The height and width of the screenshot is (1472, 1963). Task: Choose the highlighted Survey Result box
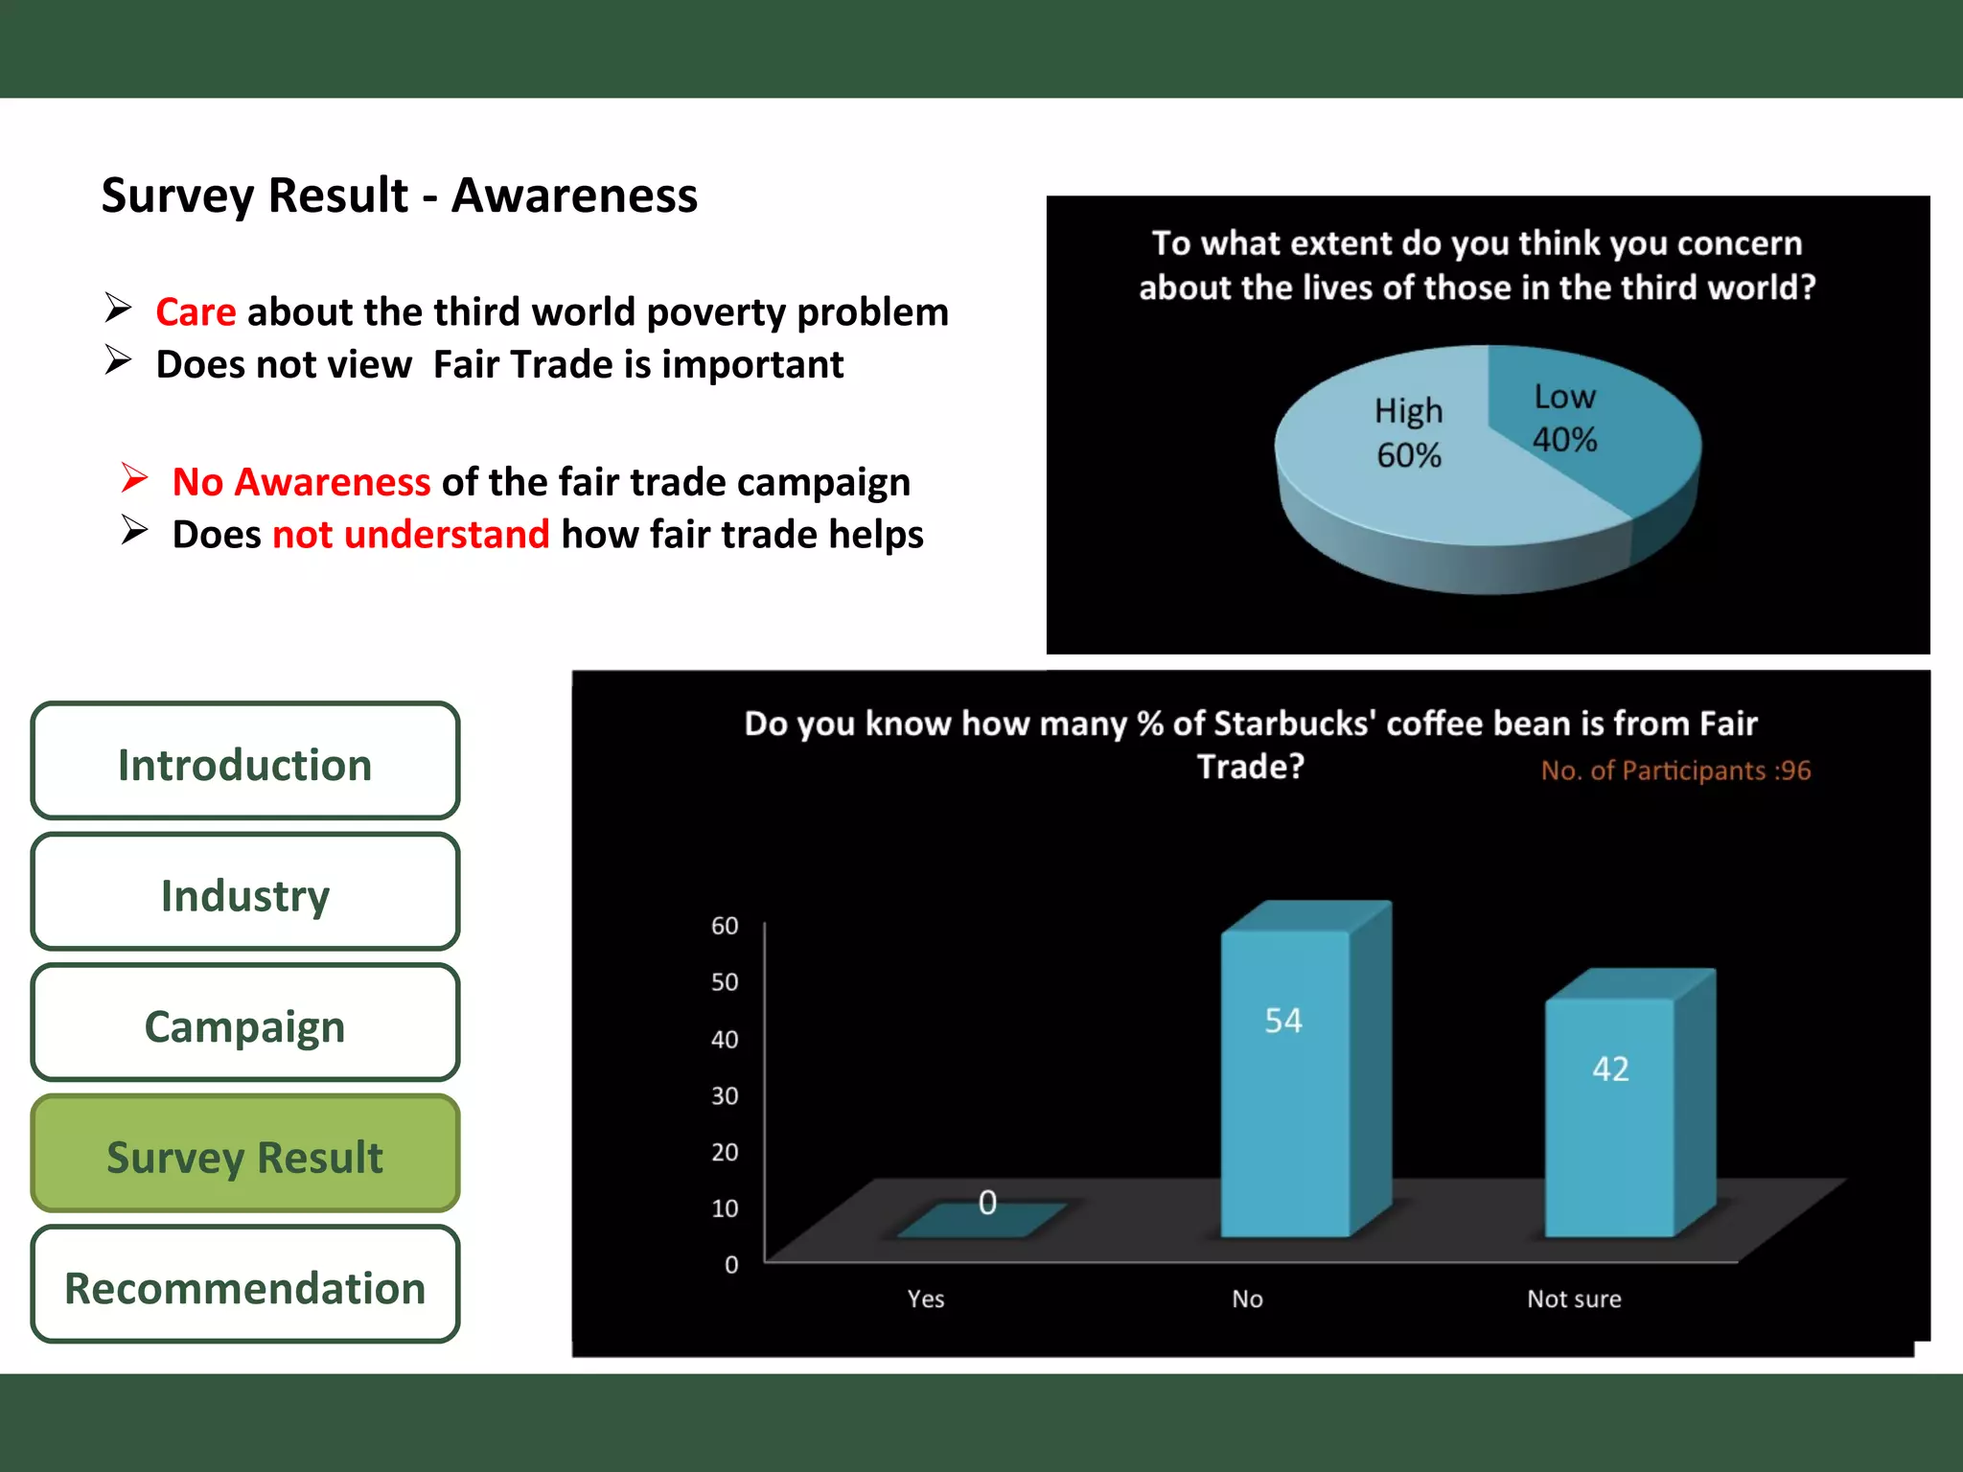click(x=244, y=1155)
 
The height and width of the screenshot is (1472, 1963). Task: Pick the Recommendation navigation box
click(x=244, y=1285)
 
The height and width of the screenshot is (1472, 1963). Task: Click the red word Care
click(x=196, y=312)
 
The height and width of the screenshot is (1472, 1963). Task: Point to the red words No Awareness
click(x=301, y=482)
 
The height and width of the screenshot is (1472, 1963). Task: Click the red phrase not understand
click(x=410, y=535)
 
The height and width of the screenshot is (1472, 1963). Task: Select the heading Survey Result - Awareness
click(x=399, y=195)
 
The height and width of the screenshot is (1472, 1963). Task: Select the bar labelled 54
click(x=1284, y=1083)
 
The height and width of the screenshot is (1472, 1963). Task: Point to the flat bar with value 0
click(x=980, y=1220)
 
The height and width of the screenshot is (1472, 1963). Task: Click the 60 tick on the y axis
click(x=725, y=926)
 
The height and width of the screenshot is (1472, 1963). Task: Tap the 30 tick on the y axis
click(x=725, y=1095)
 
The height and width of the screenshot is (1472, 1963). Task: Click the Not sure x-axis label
click(x=1574, y=1299)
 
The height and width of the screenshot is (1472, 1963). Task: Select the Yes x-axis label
click(x=926, y=1299)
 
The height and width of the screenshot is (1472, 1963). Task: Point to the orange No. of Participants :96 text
click(x=1675, y=770)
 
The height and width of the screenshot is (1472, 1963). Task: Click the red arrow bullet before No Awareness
click(x=135, y=477)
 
